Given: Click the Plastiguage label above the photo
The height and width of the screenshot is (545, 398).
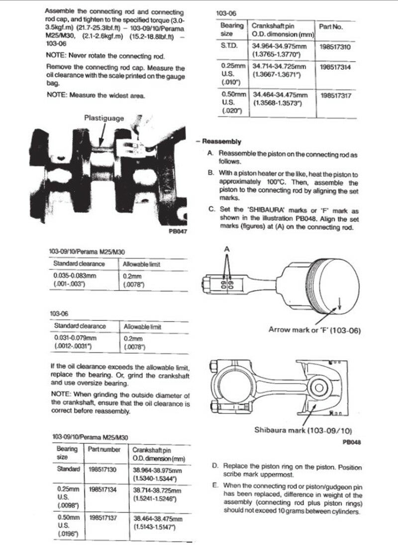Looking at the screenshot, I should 103,118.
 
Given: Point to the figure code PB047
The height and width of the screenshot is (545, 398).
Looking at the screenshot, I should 179,231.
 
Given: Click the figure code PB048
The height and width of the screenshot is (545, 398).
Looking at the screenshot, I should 352,441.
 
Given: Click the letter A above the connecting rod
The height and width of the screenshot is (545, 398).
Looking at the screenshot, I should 227,248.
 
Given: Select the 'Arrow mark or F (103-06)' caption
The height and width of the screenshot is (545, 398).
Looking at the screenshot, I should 315,329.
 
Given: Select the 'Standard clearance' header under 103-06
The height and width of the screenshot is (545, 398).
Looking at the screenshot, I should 80,326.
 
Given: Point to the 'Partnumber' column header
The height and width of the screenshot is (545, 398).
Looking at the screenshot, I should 104,449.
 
